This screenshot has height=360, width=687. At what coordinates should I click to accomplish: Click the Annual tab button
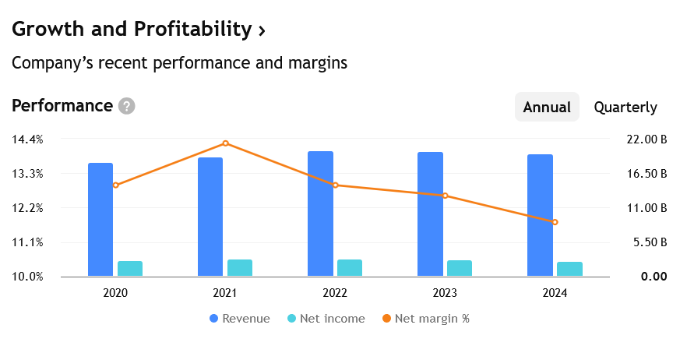point(547,107)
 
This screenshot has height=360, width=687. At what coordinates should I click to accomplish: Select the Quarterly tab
point(625,108)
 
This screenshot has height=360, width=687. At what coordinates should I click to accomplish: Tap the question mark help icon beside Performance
point(127,106)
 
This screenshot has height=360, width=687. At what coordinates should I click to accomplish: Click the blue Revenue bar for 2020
point(100,219)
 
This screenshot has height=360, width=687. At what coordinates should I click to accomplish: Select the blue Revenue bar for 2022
point(320,214)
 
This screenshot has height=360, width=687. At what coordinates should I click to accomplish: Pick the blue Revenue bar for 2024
point(540,215)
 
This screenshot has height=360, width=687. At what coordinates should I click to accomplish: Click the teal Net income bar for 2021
point(240,267)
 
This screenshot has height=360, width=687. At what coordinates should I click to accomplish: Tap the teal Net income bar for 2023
point(460,268)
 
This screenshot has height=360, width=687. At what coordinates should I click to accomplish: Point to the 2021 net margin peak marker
point(226,143)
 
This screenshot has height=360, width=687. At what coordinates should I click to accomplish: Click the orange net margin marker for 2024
point(555,222)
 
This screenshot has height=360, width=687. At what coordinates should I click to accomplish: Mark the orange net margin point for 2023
point(446,196)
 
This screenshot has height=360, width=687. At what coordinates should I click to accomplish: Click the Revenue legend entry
point(240,319)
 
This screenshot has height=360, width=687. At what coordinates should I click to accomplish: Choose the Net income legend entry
point(326,319)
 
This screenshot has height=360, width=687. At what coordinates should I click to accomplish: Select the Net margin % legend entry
point(426,319)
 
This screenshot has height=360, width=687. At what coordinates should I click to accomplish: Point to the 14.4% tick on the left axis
point(27,139)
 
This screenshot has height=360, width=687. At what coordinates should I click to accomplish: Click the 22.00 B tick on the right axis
point(646,139)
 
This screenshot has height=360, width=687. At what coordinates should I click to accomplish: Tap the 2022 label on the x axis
point(335,293)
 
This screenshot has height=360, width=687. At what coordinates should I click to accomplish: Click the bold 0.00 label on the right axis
point(654,277)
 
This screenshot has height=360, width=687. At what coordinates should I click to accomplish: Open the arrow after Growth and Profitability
point(262,30)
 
